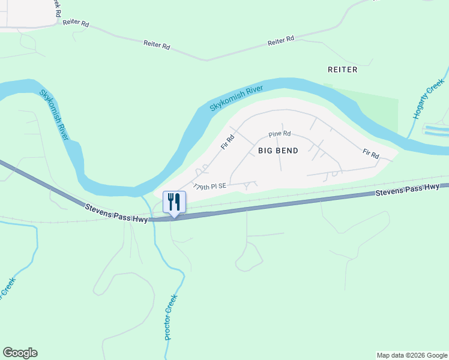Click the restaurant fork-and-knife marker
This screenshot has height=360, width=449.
(174, 202)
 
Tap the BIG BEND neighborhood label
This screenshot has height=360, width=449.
(278, 151)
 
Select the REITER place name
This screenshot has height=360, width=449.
(342, 70)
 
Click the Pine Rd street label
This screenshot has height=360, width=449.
(280, 134)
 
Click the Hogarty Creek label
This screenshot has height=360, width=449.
(429, 98)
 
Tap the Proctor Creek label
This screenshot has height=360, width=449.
(172, 317)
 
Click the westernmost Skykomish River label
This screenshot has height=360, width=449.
(55, 115)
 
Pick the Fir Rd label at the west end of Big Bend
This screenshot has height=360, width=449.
(227, 142)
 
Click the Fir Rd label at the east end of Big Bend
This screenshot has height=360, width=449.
(370, 154)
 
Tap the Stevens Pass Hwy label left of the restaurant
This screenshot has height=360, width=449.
(115, 213)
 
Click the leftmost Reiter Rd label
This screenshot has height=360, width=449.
(76, 23)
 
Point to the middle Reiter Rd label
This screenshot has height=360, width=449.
(157, 44)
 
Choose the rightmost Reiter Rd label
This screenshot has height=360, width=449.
(281, 40)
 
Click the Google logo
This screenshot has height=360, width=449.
(20, 353)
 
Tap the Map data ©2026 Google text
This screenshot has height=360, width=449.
(411, 355)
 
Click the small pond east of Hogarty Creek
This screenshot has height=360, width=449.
(435, 130)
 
